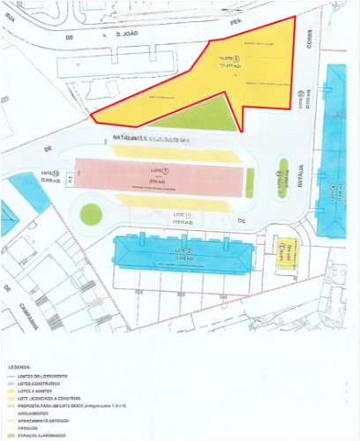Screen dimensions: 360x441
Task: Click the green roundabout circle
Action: pos(91,213)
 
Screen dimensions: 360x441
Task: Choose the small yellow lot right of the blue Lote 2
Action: pos(283,251)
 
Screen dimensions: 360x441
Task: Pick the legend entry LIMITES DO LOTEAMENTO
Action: pos(52,374)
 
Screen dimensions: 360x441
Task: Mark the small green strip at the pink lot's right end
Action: pos(250,182)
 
